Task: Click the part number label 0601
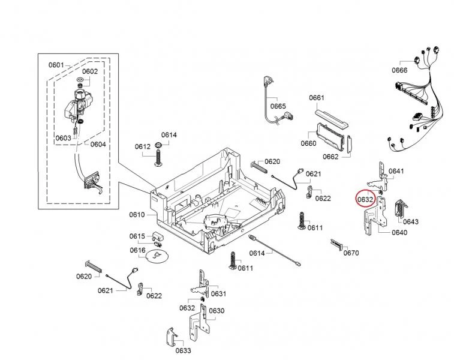(56, 65)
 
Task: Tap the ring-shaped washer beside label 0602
(80, 81)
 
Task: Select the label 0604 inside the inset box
(98, 144)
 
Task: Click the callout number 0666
(399, 70)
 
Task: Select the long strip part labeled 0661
(330, 115)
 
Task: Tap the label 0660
(308, 143)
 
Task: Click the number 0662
(330, 157)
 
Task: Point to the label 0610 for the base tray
(137, 214)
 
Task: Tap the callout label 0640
(399, 233)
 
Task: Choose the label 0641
(396, 171)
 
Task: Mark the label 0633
(183, 350)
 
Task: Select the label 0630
(216, 311)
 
